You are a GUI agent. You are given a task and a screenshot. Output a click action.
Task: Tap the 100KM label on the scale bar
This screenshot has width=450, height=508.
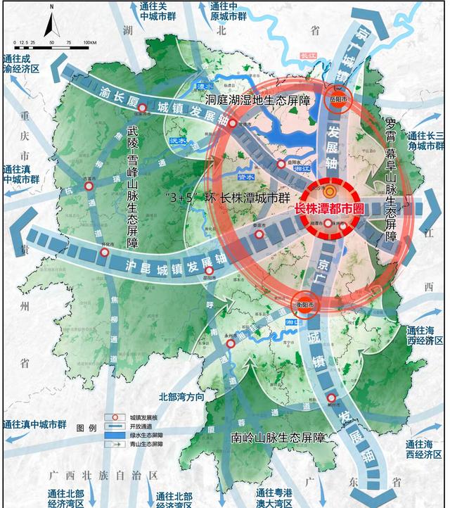[90, 43]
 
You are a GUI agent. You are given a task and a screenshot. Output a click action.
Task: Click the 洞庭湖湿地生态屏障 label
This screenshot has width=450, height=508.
[257, 100]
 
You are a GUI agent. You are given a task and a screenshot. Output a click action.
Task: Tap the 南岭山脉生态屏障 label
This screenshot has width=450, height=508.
[278, 438]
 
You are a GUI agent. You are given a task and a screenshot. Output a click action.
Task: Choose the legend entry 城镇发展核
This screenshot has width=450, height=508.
[139, 417]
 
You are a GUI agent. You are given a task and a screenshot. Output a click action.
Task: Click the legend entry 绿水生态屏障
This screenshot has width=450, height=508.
[140, 436]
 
